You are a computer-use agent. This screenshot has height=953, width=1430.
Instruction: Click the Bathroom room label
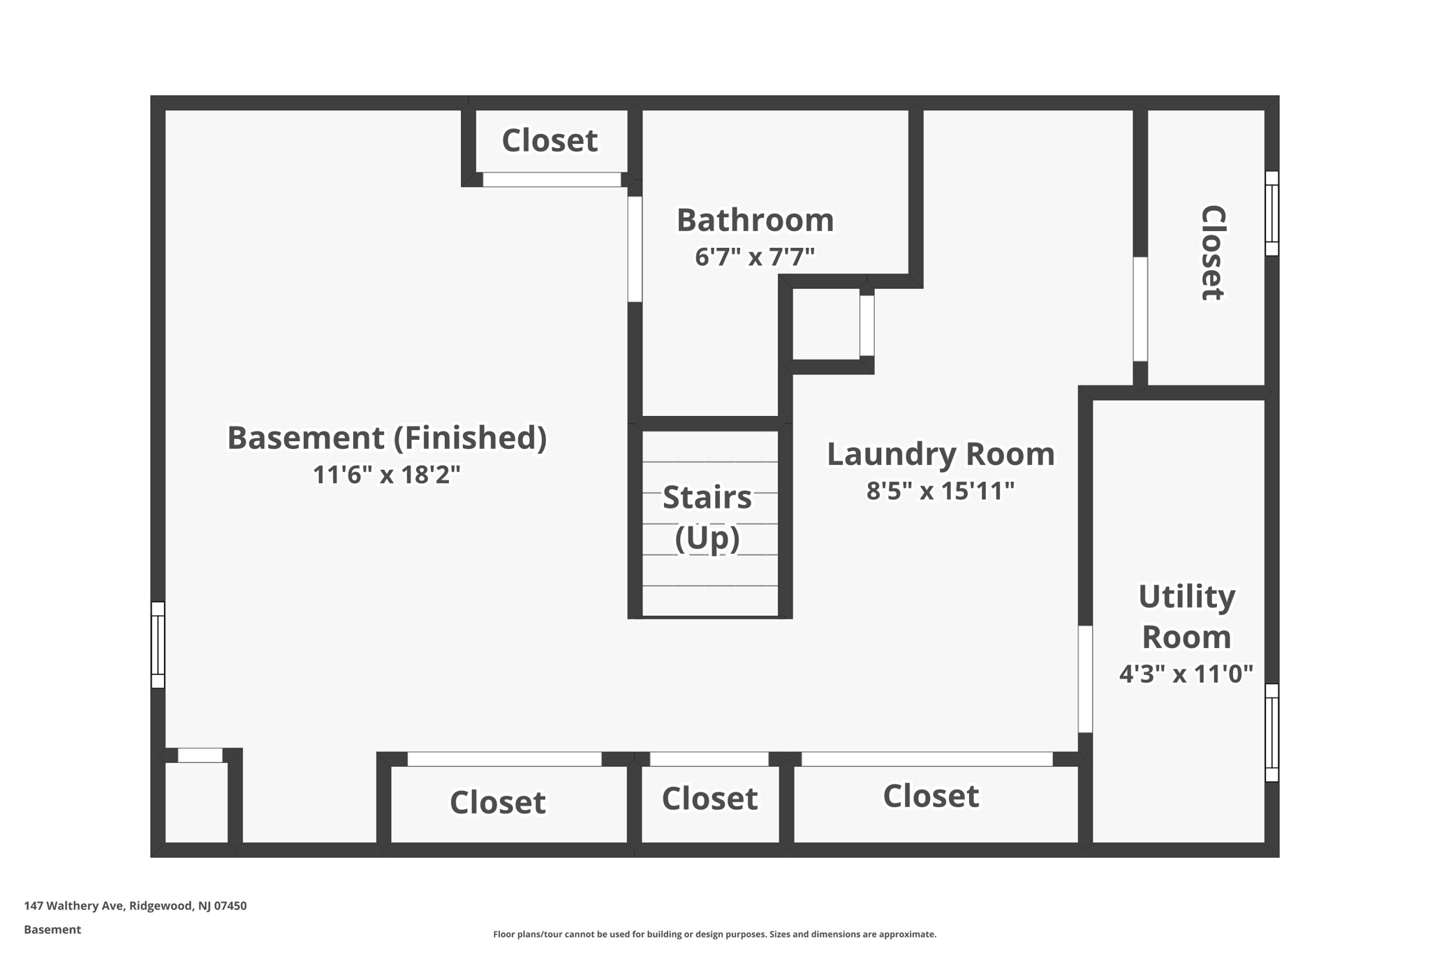click(x=755, y=221)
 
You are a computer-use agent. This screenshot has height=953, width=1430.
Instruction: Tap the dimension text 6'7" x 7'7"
click(x=755, y=257)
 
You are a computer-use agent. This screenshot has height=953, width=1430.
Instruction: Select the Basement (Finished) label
click(x=387, y=438)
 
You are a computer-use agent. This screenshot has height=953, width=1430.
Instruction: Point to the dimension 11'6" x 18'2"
click(x=387, y=475)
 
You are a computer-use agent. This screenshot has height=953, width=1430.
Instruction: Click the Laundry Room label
click(x=941, y=455)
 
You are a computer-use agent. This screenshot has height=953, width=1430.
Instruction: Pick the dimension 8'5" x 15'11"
click(x=941, y=491)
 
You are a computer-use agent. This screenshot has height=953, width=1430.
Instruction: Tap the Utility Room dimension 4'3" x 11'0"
click(x=1186, y=674)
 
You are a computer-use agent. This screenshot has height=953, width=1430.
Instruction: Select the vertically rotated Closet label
click(x=1212, y=253)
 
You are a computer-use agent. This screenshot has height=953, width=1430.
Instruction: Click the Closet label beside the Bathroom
click(x=550, y=140)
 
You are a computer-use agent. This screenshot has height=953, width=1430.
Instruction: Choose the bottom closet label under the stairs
click(x=709, y=799)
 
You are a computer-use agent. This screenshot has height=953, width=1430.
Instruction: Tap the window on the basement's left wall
click(x=159, y=644)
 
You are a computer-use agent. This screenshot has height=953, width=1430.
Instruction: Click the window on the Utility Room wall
click(x=1271, y=732)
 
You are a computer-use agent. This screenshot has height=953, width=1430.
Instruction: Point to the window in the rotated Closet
click(x=1271, y=213)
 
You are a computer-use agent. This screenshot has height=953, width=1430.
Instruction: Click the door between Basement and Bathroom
click(x=635, y=249)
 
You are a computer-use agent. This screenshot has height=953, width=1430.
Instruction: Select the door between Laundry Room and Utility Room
click(x=1085, y=679)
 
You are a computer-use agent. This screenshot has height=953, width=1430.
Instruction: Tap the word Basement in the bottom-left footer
click(x=52, y=929)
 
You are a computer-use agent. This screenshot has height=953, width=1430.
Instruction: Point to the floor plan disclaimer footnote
click(x=714, y=934)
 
